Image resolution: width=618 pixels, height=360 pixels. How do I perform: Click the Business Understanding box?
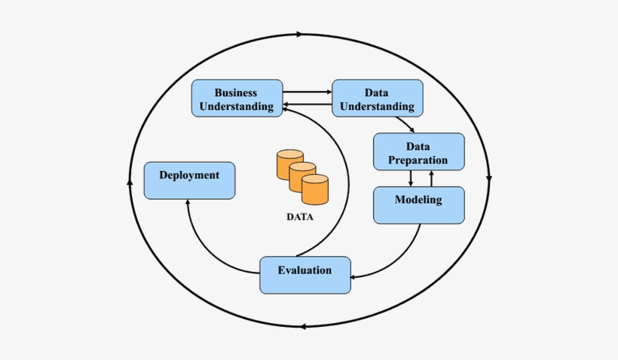tap(237, 98)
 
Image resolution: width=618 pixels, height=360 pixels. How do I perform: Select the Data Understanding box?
tap(377, 98)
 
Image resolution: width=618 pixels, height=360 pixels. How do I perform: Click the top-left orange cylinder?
tap(289, 163)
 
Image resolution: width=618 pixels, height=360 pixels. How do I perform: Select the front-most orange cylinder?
tap(314, 189)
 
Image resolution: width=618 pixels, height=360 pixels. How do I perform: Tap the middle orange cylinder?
tap(302, 176)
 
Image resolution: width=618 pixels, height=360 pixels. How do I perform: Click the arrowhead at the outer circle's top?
tap(301, 34)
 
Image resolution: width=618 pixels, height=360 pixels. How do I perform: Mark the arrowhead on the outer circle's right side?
tap(489, 179)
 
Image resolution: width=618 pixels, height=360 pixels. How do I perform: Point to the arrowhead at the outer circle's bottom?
tap(302, 326)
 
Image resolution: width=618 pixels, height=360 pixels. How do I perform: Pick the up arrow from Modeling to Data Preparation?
tap(432, 178)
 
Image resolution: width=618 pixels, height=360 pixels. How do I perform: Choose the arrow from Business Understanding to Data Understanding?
tap(307, 92)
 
